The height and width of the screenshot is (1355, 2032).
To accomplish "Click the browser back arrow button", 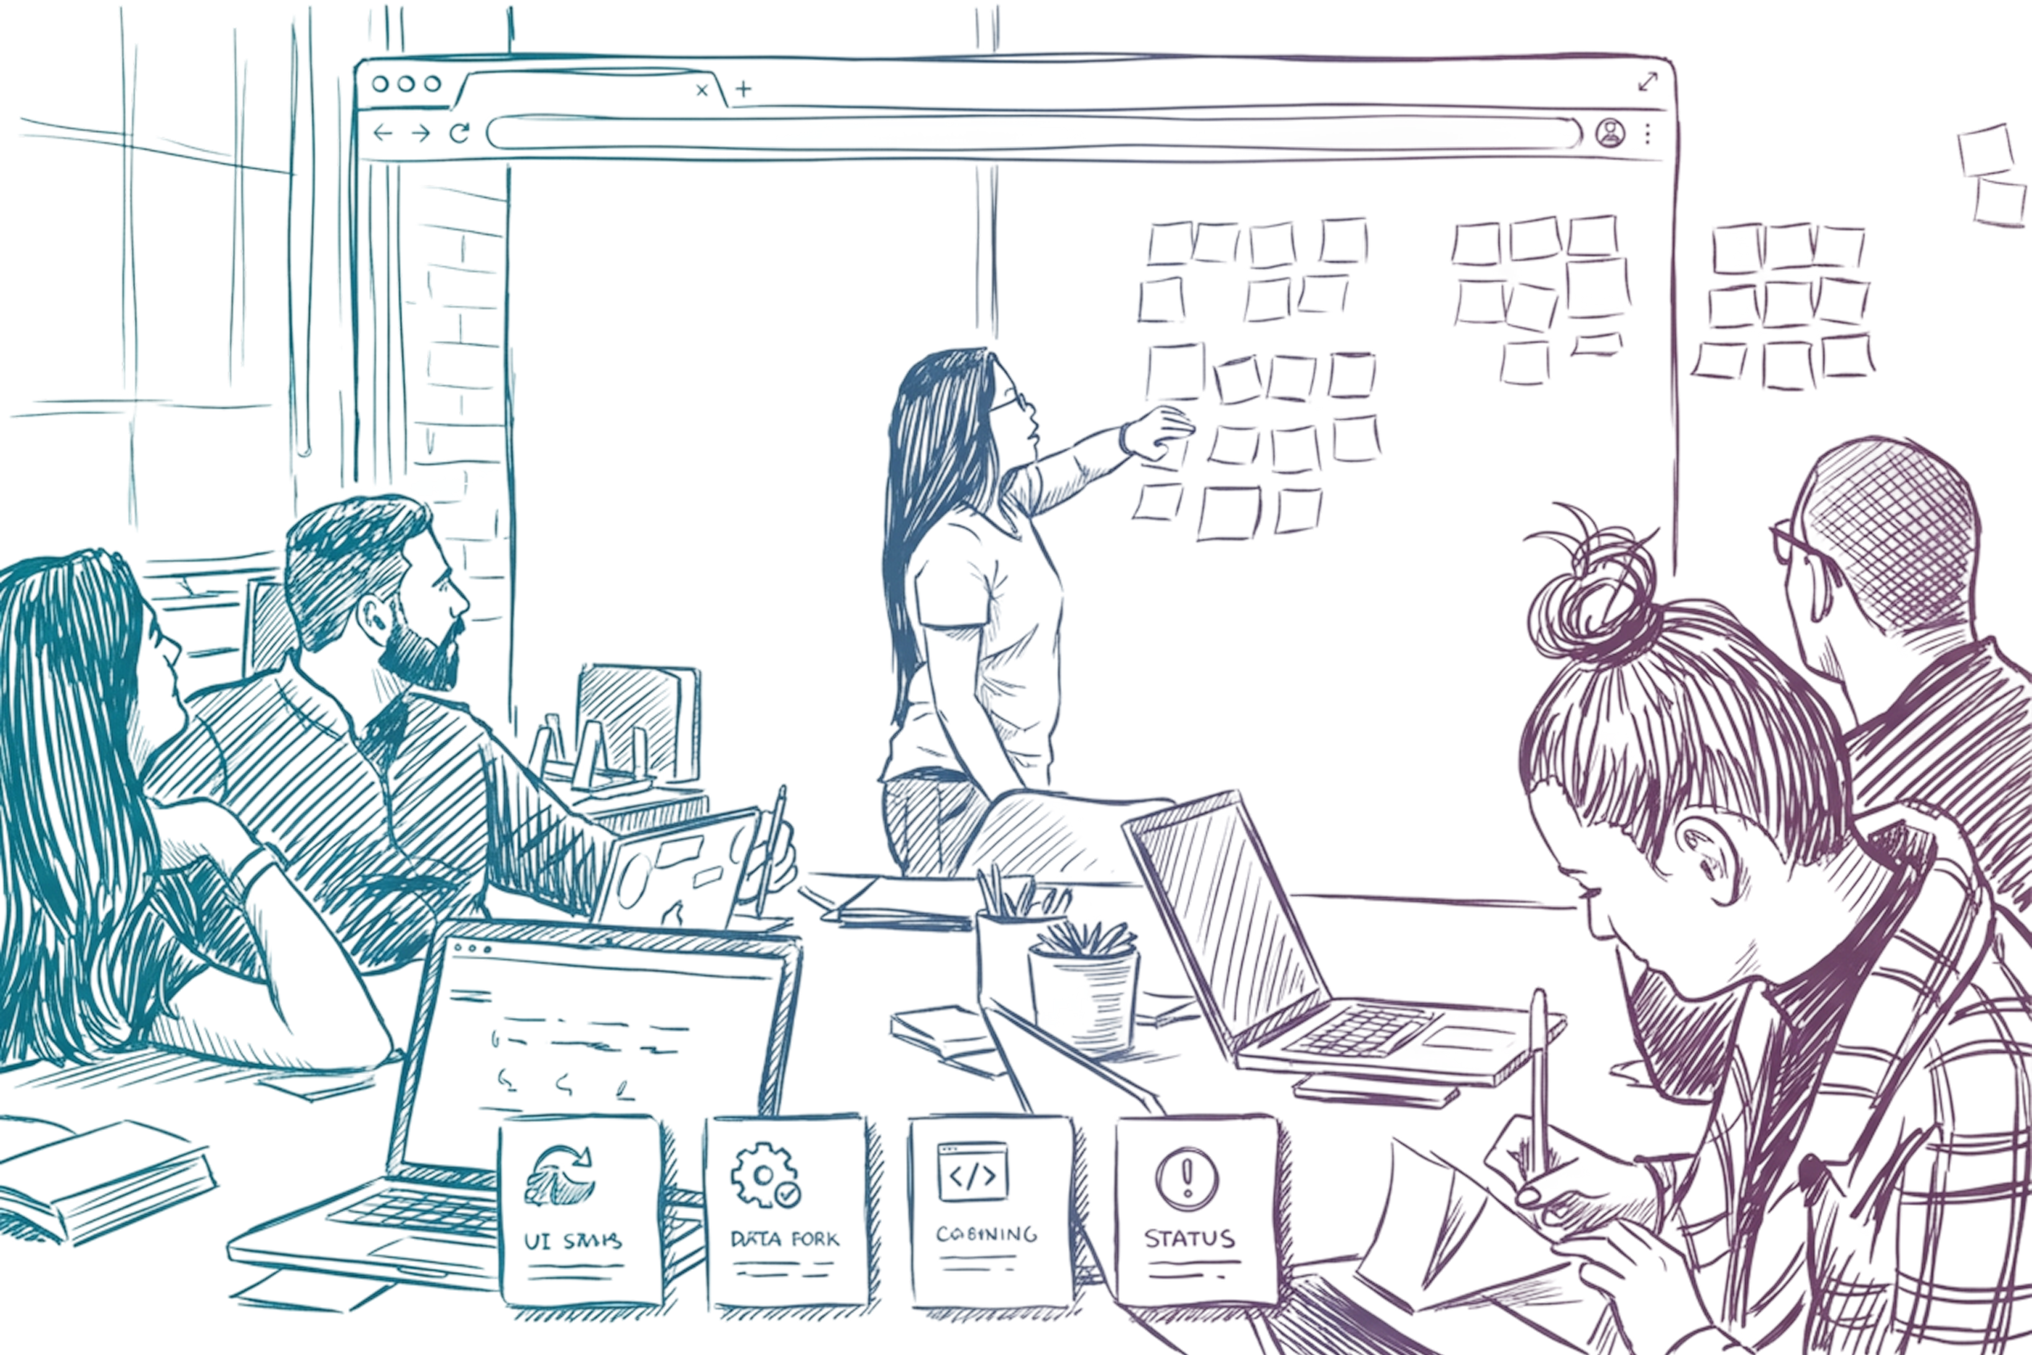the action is pos(383,132).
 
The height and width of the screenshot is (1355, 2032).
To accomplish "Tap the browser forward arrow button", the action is pos(421,133).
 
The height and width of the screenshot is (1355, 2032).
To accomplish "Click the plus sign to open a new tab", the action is pos(743,88).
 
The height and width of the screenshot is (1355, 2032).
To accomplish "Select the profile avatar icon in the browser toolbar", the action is pos(1609,134).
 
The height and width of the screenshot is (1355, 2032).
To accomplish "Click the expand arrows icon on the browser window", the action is pos(1647,82).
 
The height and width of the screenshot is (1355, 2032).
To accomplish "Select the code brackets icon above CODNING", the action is pos(973,1174).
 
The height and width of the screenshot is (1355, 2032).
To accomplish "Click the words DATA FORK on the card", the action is pos(784,1239).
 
